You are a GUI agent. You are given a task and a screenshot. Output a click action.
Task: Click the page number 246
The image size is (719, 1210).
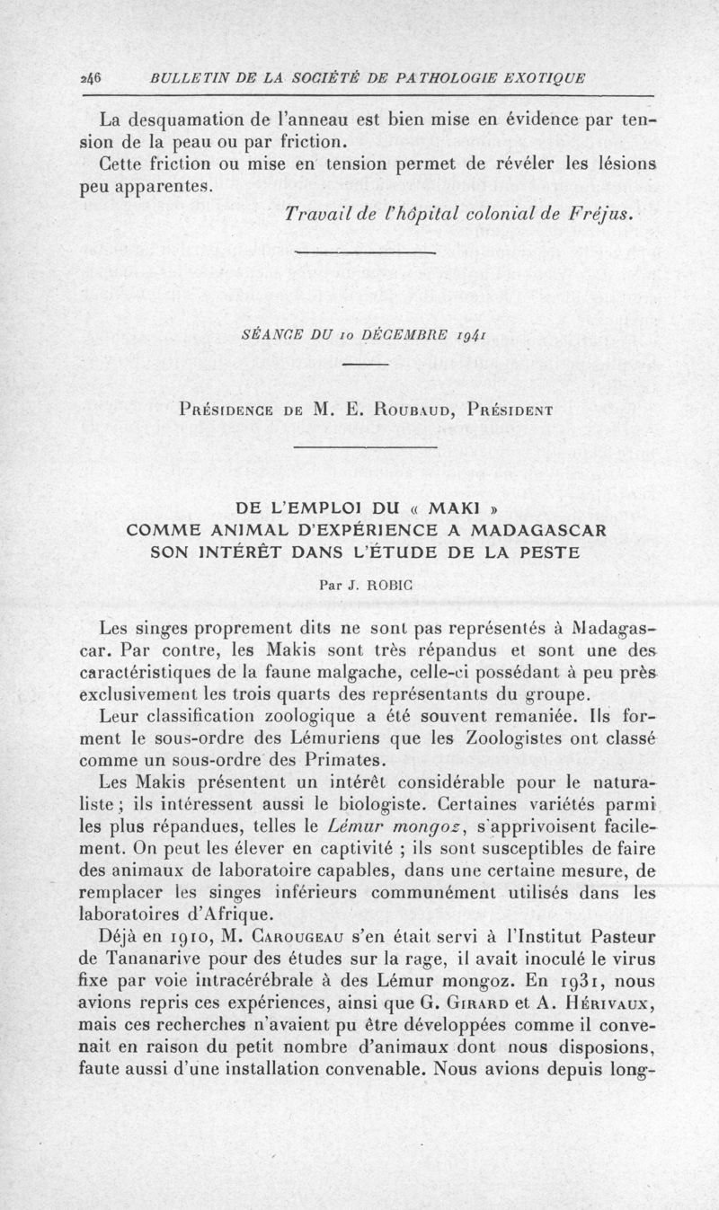click(x=90, y=78)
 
